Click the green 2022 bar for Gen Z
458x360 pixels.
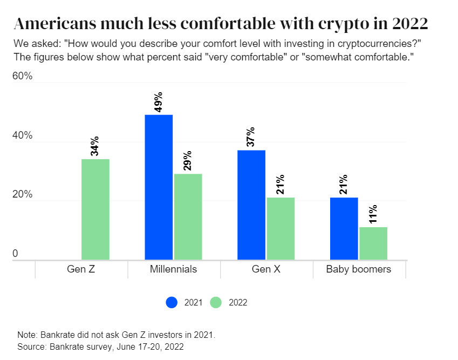pos(95,209)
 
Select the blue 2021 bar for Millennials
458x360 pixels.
pos(159,187)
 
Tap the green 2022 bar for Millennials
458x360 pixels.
pos(188,216)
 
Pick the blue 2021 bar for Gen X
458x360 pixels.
pos(251,205)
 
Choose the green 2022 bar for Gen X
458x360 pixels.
pos(281,228)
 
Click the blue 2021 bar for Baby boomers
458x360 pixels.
pos(344,228)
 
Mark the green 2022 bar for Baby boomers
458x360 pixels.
pos(373,243)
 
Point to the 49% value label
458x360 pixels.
pos(159,101)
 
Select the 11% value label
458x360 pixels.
pos(373,214)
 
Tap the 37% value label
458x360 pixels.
pos(251,137)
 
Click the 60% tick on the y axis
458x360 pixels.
pos(22,77)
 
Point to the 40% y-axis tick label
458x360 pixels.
pos(22,136)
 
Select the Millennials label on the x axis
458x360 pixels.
pos(173,269)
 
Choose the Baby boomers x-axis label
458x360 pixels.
pos(359,269)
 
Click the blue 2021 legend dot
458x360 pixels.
pos(172,302)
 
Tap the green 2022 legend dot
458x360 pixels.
pos(216,302)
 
